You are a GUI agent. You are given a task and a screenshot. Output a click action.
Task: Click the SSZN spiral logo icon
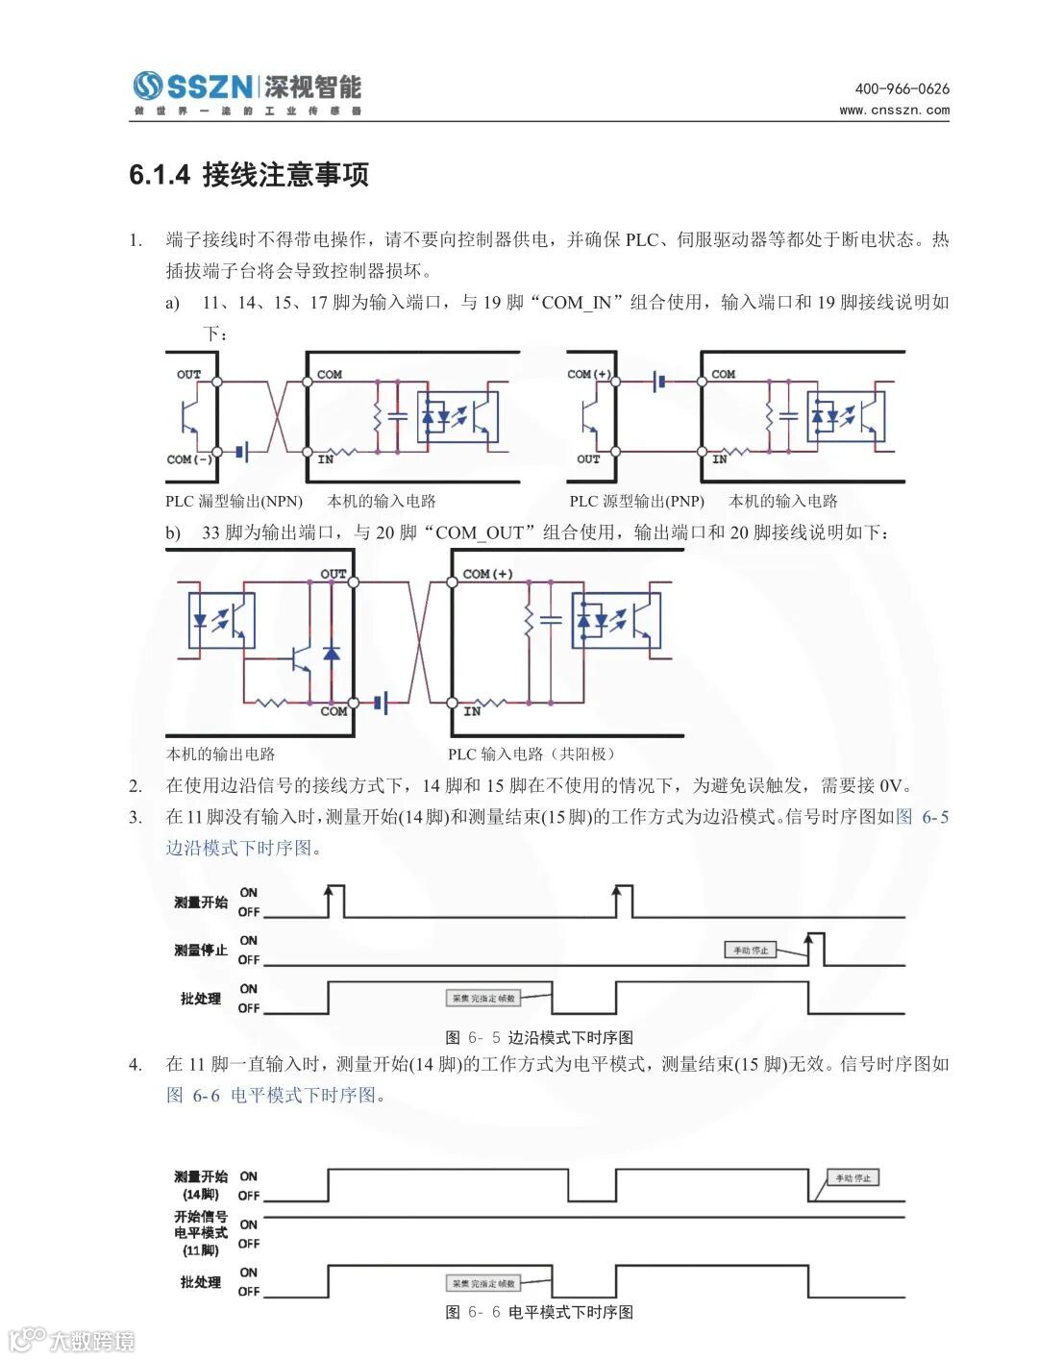tap(147, 87)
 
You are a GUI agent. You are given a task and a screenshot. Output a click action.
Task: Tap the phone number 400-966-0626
tap(902, 88)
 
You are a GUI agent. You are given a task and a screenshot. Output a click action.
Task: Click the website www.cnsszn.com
tap(894, 110)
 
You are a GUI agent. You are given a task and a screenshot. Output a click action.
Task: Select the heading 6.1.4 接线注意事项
tap(249, 175)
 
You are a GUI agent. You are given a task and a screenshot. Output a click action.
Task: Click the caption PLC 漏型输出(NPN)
tap(234, 501)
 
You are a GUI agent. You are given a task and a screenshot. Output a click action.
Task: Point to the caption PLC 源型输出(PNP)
tap(636, 501)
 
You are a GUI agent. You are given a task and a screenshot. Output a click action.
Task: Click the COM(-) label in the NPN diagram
tap(189, 459)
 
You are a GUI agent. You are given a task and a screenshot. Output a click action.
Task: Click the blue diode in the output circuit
tap(332, 653)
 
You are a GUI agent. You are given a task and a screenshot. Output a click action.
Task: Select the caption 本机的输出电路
tap(220, 754)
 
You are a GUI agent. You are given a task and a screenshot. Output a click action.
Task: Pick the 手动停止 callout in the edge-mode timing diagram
tap(751, 951)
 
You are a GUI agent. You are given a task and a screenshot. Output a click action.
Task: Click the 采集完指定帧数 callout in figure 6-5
tap(484, 999)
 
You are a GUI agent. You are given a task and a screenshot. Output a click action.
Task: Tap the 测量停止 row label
tap(201, 951)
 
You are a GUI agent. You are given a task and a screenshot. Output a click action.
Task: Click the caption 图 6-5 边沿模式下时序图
tap(539, 1038)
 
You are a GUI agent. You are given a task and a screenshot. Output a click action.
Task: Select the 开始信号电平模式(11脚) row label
tap(201, 1233)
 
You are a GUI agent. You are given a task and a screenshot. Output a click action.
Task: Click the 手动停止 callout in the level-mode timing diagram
tap(853, 1178)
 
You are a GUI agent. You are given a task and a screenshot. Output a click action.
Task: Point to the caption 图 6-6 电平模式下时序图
tap(539, 1313)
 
